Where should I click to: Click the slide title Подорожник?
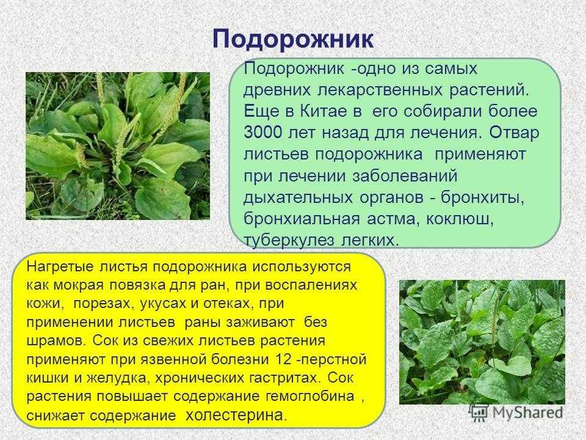pos(293,39)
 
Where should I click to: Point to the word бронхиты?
pos(482,197)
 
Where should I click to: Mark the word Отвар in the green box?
pos(514,133)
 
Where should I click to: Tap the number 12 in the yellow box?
pos(283,359)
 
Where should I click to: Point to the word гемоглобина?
pos(310,396)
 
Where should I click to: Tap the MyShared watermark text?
pos(527,413)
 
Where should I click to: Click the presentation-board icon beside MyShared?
pos(479,413)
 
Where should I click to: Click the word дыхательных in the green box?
pos(298,197)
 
